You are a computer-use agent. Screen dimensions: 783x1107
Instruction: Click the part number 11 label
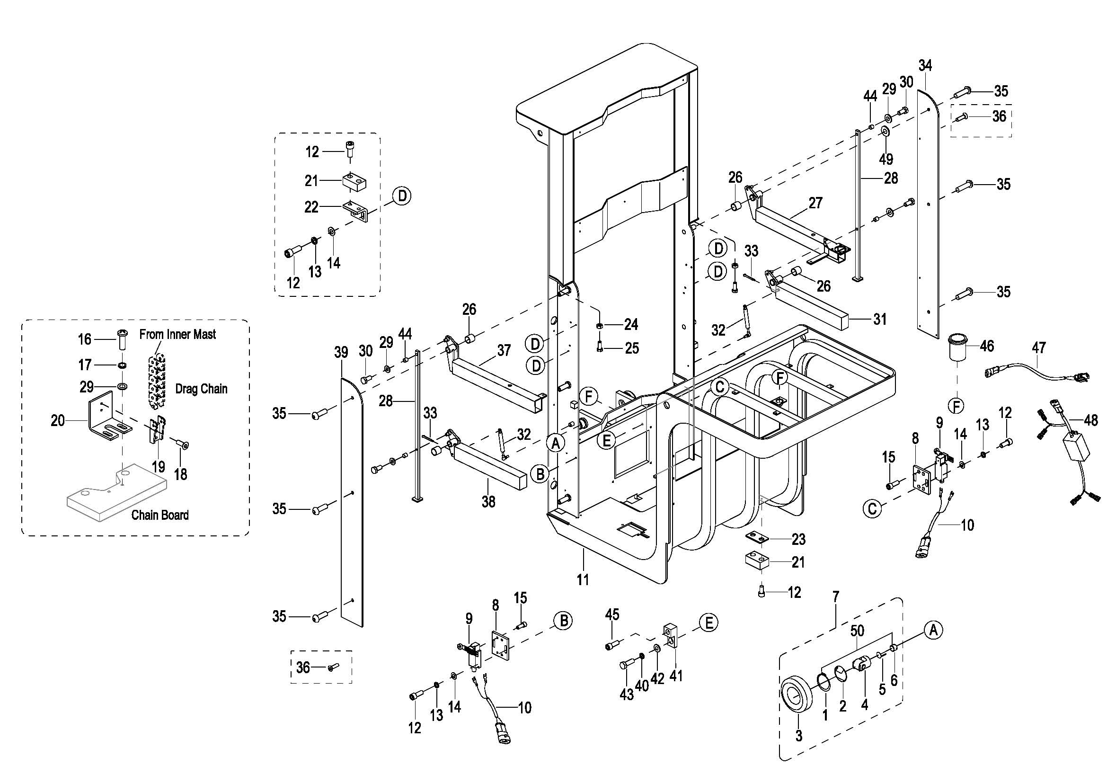tap(583, 579)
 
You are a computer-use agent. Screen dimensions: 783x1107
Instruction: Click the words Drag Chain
tap(201, 389)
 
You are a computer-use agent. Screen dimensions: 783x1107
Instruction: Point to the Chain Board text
tap(160, 515)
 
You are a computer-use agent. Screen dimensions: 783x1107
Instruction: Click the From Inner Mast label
tap(177, 334)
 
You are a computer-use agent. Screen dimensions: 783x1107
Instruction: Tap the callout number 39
tap(341, 353)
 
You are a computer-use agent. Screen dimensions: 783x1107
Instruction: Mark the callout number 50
tap(857, 630)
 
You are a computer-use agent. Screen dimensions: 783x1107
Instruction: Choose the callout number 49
tap(886, 159)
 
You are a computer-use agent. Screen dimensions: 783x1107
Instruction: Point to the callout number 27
tap(815, 203)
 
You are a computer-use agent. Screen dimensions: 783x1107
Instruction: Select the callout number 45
tap(612, 614)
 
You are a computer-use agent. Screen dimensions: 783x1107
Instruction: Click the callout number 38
tap(488, 502)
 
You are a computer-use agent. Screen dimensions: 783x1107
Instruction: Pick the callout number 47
tap(1038, 347)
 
